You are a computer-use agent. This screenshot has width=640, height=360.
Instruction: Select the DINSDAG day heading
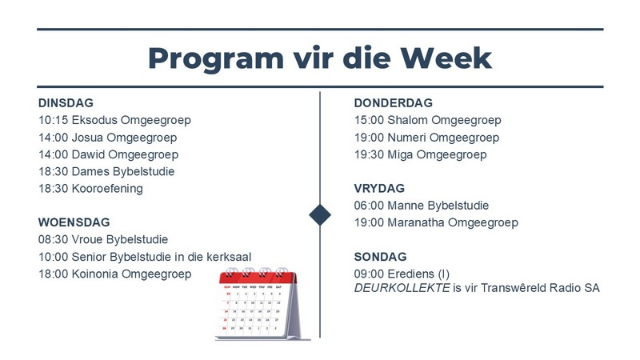(x=66, y=103)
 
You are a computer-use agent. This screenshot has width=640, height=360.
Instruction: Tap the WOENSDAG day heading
(x=74, y=222)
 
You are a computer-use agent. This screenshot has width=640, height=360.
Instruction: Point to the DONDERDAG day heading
(x=393, y=103)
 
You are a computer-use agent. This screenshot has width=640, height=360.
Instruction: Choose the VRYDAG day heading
(x=379, y=189)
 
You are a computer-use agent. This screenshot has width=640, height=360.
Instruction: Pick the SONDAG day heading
(x=381, y=257)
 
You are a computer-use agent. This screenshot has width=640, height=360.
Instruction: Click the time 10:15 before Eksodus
(x=53, y=121)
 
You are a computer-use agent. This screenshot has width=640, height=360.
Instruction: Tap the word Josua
(x=87, y=138)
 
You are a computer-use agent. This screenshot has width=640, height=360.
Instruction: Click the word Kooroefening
(x=107, y=189)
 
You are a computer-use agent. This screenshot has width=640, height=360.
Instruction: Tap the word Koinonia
(x=94, y=274)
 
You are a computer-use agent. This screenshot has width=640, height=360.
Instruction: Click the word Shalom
(x=407, y=121)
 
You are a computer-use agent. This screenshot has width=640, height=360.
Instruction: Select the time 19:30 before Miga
(x=369, y=154)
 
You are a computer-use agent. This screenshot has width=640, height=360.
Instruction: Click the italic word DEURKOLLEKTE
(x=402, y=288)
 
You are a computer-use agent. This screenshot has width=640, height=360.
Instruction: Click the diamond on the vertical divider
(x=320, y=214)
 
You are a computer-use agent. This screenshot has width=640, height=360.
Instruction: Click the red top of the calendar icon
(x=258, y=278)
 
